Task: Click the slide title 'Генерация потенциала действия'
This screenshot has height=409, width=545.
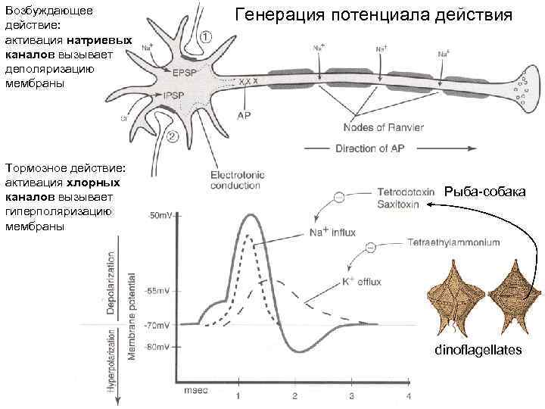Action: point(373,15)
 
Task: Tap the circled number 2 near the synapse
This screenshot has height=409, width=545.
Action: point(172,137)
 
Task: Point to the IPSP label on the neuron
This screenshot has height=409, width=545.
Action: point(172,95)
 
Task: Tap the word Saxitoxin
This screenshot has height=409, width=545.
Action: point(398,203)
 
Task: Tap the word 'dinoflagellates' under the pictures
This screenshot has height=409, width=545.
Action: point(478,350)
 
